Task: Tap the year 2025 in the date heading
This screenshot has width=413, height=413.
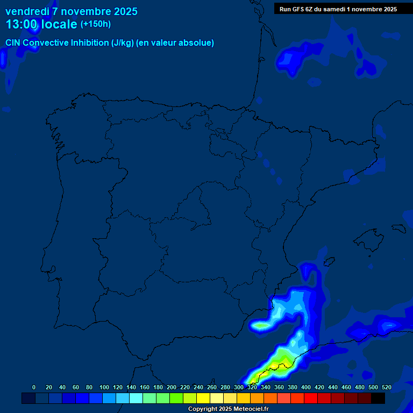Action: tap(122, 11)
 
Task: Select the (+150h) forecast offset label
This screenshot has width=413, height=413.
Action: tap(96, 24)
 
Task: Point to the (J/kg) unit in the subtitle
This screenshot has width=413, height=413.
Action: tap(123, 43)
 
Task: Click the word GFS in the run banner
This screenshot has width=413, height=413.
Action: tap(300, 9)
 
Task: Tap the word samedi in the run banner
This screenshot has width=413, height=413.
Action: tap(334, 9)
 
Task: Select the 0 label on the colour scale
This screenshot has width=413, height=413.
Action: tap(34, 387)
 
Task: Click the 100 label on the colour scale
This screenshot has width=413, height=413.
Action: tap(104, 387)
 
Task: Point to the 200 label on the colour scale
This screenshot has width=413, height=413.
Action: tap(172, 387)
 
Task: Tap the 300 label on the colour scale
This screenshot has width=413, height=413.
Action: tap(239, 387)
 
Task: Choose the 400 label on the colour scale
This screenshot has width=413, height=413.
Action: tap(306, 387)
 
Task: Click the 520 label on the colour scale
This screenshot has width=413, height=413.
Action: tap(386, 387)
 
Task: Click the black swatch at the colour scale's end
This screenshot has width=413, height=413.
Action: tap(378, 398)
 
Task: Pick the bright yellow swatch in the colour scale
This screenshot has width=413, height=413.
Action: tap(203, 398)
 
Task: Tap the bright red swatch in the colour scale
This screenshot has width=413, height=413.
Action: tap(311, 398)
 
